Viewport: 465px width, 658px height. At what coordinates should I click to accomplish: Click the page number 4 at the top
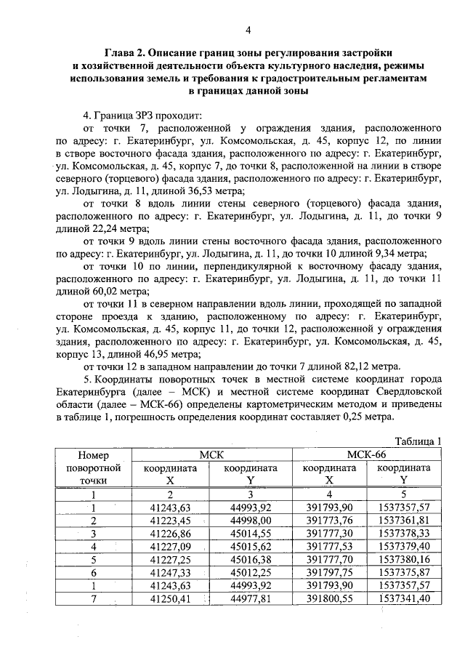tap(248, 30)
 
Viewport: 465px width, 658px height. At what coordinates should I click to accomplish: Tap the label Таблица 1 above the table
tap(418, 441)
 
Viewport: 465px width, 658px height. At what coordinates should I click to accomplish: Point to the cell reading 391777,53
tap(329, 545)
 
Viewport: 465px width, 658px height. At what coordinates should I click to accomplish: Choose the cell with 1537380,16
tap(404, 558)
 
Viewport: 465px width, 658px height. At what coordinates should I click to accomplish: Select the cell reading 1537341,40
tap(404, 597)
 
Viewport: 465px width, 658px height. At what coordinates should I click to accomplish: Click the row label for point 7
tap(93, 597)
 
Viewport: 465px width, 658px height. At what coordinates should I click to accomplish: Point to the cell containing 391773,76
tap(329, 520)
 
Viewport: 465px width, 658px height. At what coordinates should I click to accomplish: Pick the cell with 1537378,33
tap(404, 532)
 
